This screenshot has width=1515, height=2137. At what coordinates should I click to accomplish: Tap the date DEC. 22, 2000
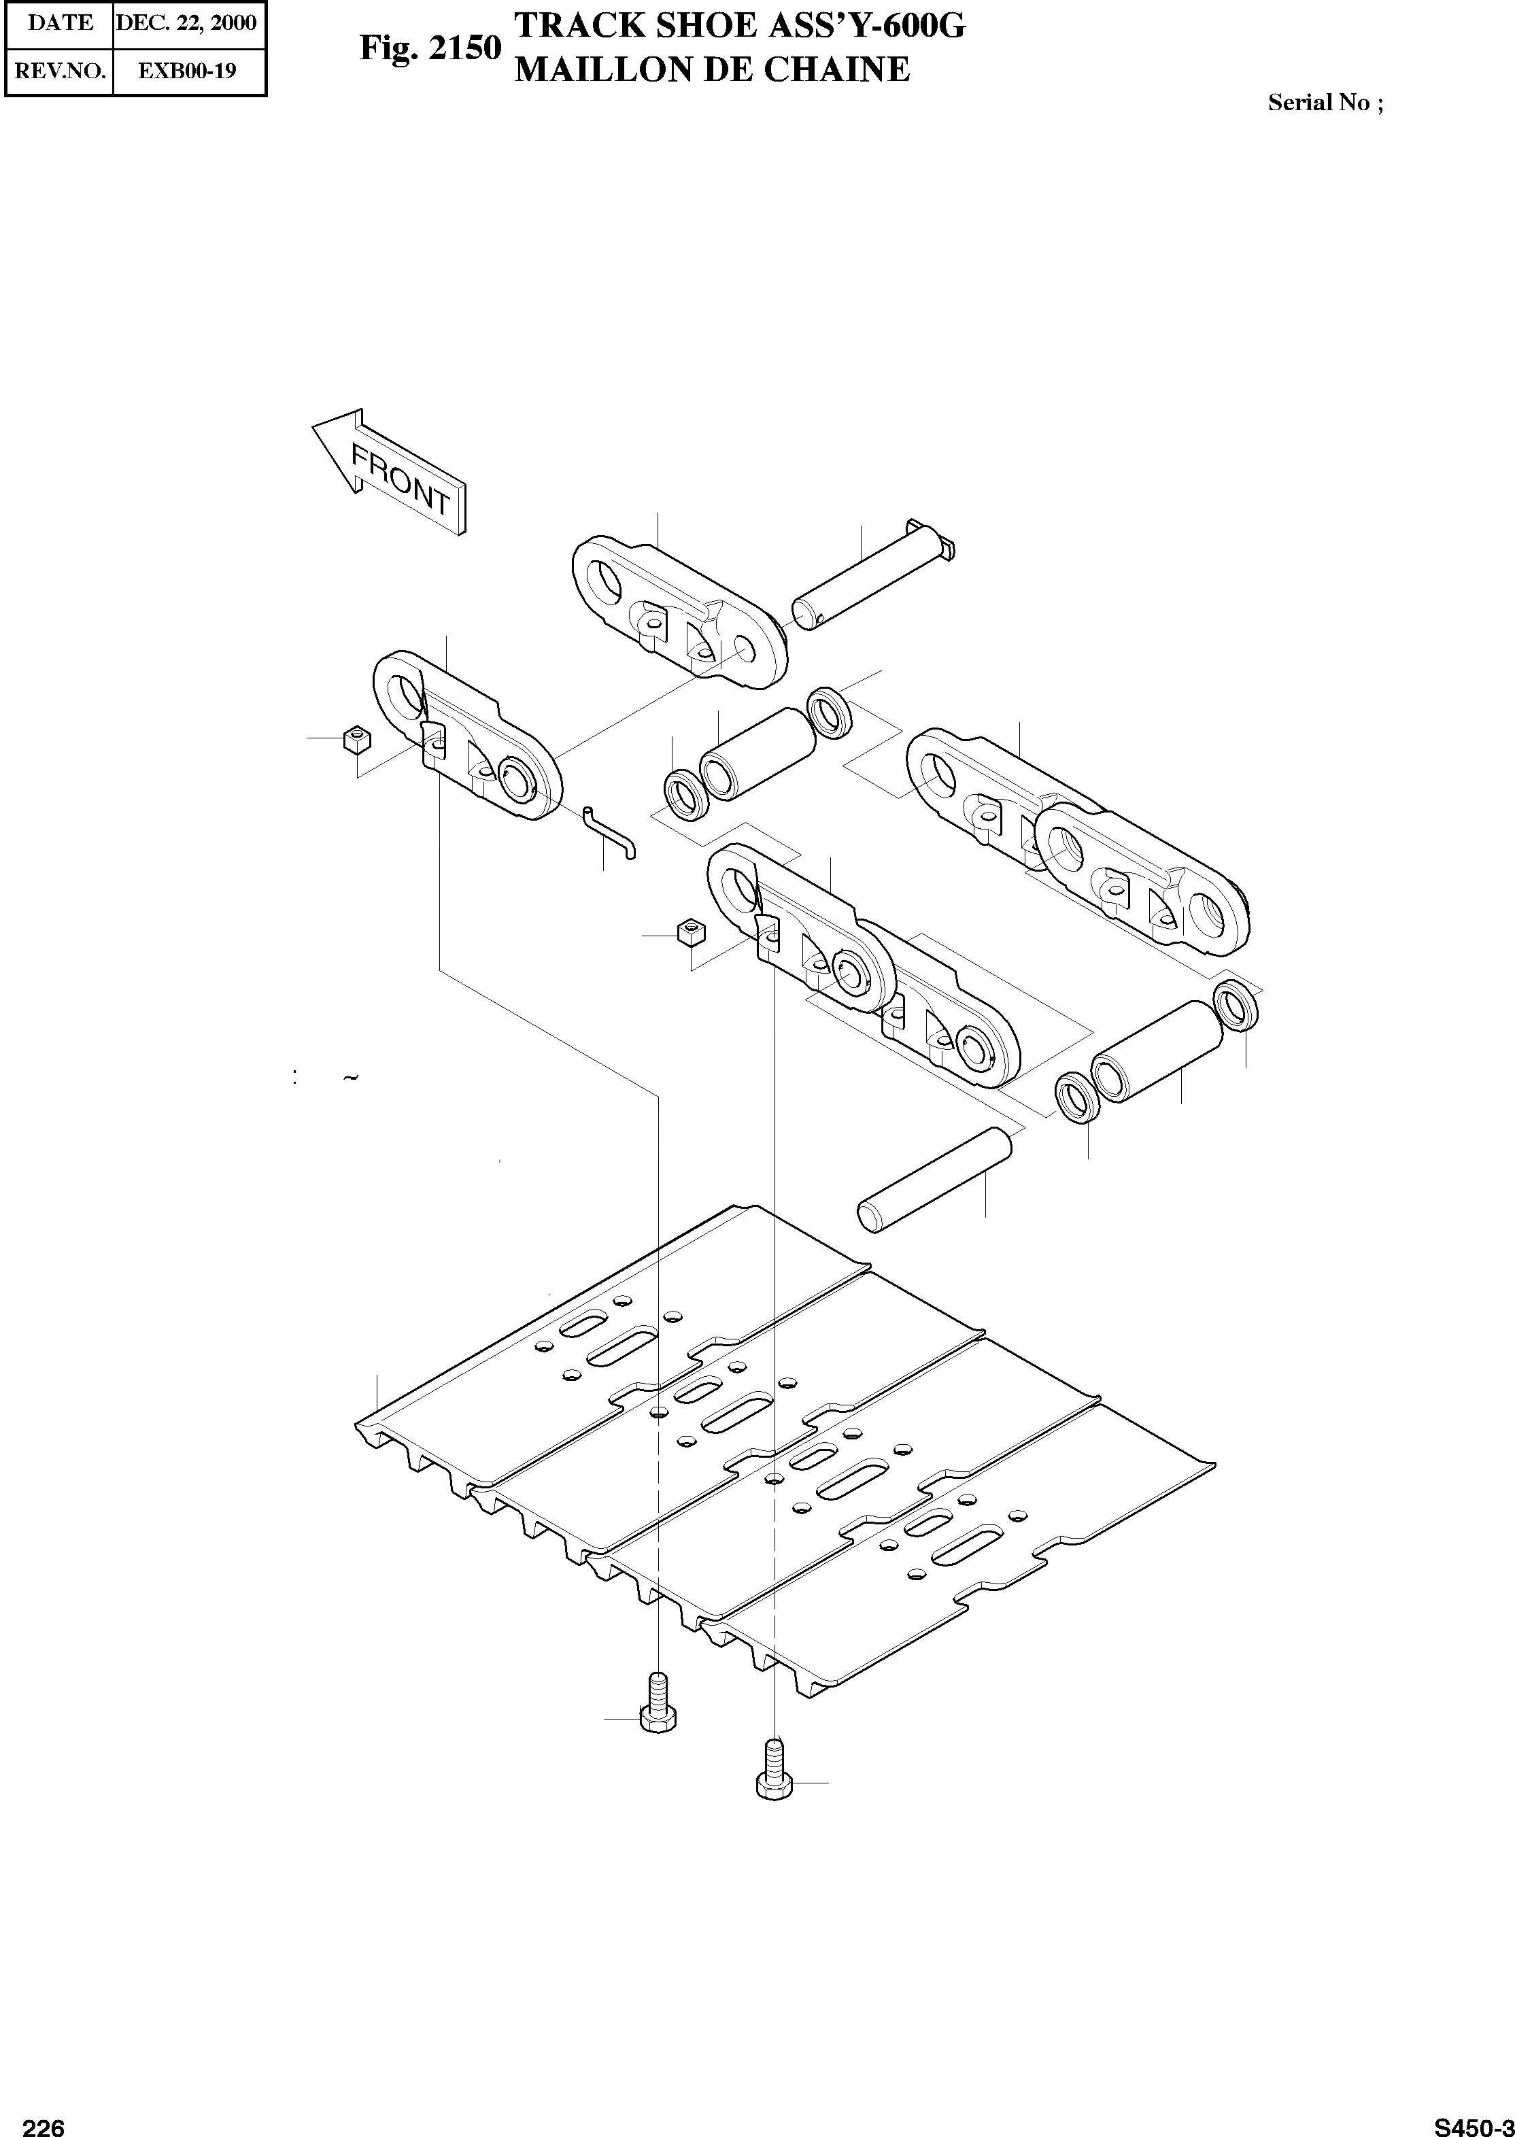coord(186,22)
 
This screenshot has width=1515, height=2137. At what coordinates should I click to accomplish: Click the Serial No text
coord(1325,103)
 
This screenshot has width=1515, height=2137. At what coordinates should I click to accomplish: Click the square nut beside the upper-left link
coord(356,740)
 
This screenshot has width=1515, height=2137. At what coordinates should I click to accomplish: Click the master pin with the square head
coord(872,579)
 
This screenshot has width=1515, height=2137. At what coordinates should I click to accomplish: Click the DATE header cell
coord(60,22)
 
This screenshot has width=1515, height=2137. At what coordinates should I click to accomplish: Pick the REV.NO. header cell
coord(60,70)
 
